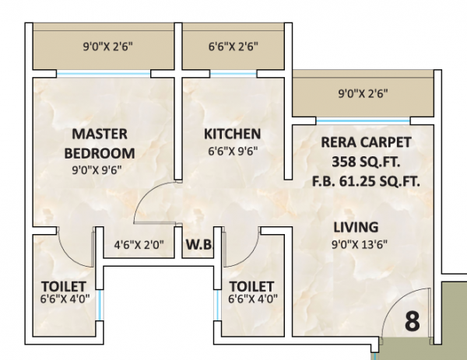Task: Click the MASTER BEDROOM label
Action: pyautogui.click(x=100, y=142)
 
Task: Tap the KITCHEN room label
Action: pyautogui.click(x=232, y=133)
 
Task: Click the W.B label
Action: pyautogui.click(x=198, y=248)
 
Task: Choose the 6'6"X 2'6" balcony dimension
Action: pyautogui.click(x=232, y=46)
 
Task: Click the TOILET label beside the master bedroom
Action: pyautogui.click(x=64, y=286)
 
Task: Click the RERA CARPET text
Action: pyautogui.click(x=365, y=142)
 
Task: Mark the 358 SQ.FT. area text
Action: pyautogui.click(x=365, y=163)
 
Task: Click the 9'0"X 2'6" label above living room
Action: pyautogui.click(x=362, y=95)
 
